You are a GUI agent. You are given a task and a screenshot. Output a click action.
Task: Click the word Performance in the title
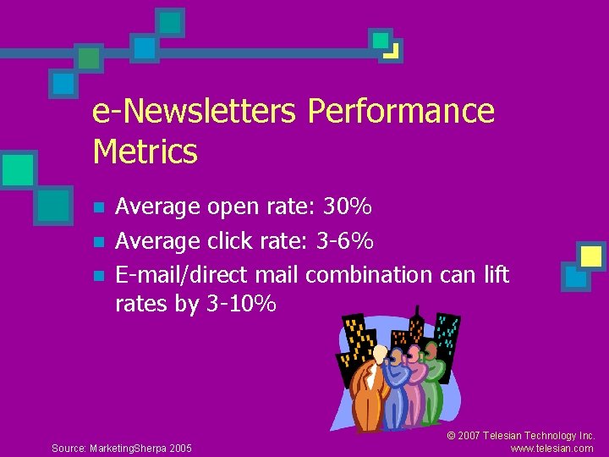click(401, 112)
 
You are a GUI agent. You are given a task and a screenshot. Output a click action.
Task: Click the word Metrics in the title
click(145, 152)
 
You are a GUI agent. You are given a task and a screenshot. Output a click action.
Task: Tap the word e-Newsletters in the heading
click(195, 112)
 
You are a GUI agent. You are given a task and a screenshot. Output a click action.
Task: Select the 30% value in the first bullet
click(349, 206)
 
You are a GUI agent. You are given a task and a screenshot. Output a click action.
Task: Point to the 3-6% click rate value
click(343, 241)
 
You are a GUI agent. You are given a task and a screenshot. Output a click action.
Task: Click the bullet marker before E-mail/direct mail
click(99, 277)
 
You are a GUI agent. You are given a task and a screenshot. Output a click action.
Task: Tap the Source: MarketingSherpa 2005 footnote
click(122, 448)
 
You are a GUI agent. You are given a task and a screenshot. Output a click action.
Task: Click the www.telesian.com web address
click(552, 449)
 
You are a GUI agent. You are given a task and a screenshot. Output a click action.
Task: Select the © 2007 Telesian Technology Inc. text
click(521, 436)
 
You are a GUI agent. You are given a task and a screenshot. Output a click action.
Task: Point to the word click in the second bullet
click(230, 241)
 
